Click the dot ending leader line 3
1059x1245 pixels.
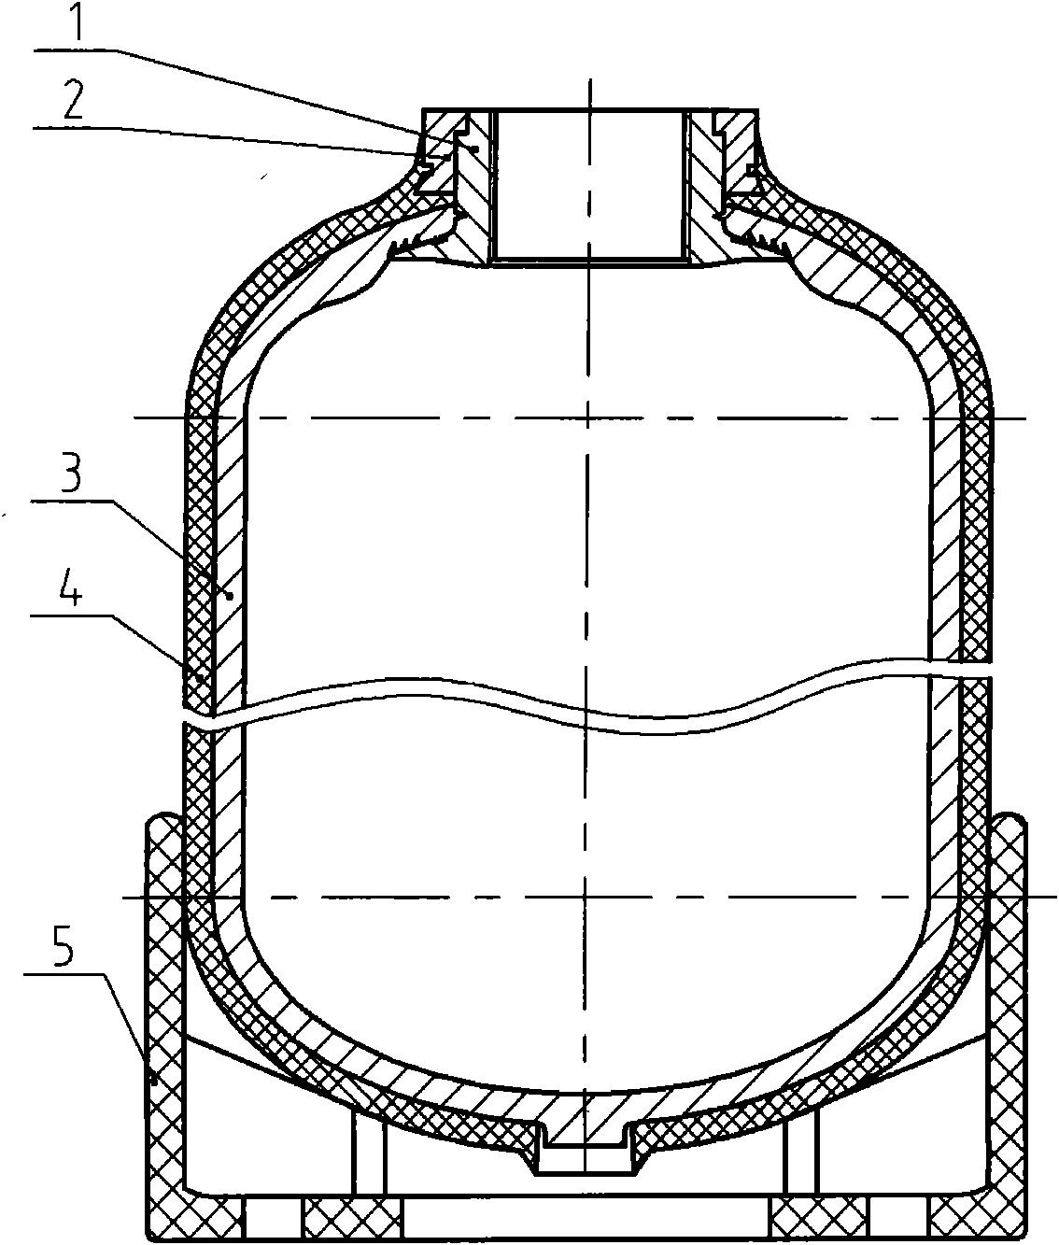(230, 596)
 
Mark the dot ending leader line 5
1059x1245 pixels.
(155, 1082)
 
